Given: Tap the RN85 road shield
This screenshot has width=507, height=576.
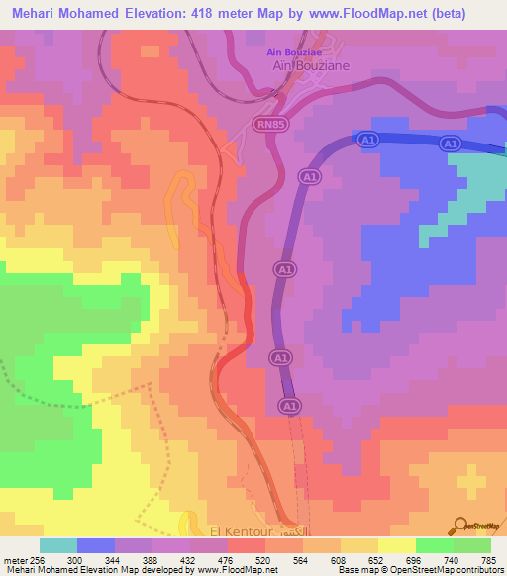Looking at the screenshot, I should (270, 123).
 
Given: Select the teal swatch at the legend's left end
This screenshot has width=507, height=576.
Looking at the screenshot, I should (58, 545).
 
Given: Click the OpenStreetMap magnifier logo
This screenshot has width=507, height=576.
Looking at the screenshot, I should (460, 525).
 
